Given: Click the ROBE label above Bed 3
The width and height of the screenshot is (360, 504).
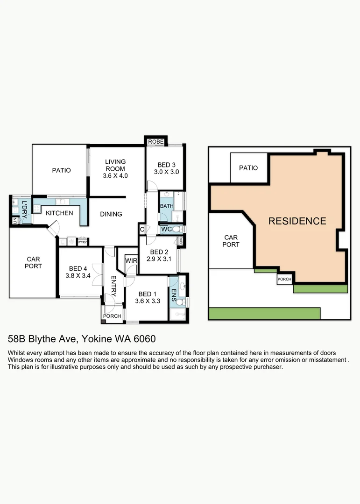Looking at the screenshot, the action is click(155, 142).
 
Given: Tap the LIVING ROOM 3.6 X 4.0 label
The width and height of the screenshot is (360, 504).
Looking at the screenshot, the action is click(115, 168).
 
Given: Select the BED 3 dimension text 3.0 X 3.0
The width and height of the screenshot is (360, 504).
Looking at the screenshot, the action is click(166, 172).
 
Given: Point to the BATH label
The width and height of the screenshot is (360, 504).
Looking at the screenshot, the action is click(167, 206).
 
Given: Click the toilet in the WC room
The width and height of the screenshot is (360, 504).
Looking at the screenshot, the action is click(177, 229).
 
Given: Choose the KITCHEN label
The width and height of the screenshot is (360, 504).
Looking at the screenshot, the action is click(59, 213).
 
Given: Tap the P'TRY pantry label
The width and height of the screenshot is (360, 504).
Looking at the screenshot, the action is click(83, 242).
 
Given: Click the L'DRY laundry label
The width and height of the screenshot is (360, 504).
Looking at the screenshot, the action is click(24, 209).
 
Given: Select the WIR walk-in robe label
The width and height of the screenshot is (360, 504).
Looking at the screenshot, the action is click(131, 261).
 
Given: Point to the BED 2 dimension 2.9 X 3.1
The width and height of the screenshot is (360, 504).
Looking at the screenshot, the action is click(159, 259).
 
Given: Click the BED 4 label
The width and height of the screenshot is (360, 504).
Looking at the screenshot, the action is click(78, 268).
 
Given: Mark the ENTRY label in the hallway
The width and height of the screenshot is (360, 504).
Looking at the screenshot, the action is click(113, 286).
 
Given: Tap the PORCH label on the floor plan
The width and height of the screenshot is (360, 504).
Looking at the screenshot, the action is click(112, 316).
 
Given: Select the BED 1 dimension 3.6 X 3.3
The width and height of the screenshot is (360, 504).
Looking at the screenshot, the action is click(148, 301).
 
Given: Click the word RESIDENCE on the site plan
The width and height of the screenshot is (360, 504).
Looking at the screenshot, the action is click(297, 221).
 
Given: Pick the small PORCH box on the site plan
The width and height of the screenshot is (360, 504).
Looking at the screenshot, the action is click(284, 279).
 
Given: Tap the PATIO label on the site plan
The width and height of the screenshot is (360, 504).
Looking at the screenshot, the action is click(248, 168).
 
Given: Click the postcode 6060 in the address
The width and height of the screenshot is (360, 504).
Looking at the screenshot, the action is click(145, 339).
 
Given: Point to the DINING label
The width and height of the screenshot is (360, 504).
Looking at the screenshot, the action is click(111, 214).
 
